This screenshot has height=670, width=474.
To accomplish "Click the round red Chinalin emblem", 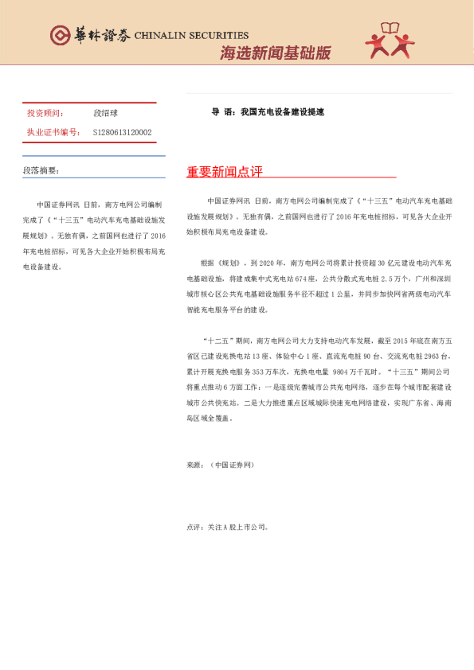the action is [61, 35].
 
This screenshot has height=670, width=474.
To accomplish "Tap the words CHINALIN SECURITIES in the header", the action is [191, 36].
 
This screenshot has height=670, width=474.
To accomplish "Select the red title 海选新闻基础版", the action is [275, 53].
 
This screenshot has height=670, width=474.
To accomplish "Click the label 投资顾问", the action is [46, 114].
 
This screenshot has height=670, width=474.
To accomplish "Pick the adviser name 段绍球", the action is [104, 114].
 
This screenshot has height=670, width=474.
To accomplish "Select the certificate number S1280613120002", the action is [122, 132].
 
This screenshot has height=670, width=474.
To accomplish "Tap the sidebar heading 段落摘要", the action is [41, 170].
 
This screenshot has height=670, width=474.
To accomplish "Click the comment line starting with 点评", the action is [227, 527].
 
